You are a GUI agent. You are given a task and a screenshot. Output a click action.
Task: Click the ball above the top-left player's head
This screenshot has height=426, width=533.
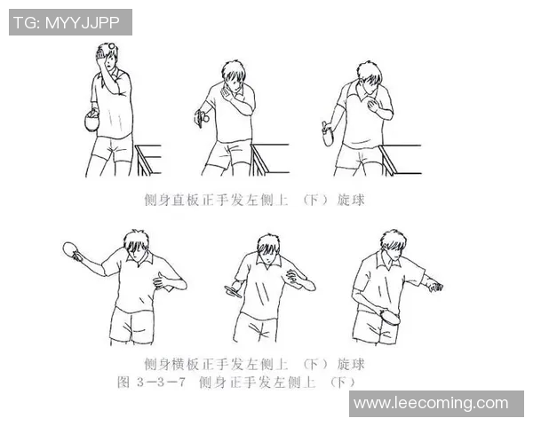111,46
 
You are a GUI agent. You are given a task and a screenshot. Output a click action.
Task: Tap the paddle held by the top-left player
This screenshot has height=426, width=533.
91,122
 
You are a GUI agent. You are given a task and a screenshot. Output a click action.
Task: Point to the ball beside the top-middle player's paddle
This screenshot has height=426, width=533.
206,118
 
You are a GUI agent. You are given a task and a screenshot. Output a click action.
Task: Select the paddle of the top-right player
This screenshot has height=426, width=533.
327,133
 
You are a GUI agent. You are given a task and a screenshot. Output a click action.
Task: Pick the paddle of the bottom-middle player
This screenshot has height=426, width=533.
233,291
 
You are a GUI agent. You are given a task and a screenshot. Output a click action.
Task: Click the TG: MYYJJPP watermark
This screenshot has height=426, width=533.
70,22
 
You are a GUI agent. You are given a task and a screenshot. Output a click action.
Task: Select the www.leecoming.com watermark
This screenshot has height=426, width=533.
436,404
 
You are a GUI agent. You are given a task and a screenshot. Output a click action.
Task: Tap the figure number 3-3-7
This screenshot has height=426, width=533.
161,383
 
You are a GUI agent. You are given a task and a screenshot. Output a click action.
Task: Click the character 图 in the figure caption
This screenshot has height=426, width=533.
123,383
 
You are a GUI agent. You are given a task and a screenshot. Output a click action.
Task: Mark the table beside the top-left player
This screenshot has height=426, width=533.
148,160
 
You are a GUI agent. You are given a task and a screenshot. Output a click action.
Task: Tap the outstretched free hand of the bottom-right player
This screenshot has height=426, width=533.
434,286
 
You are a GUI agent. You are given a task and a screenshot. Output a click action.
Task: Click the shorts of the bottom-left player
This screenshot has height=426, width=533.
131,326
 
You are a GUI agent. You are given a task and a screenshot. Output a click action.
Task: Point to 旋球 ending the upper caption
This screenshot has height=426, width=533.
351,200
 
